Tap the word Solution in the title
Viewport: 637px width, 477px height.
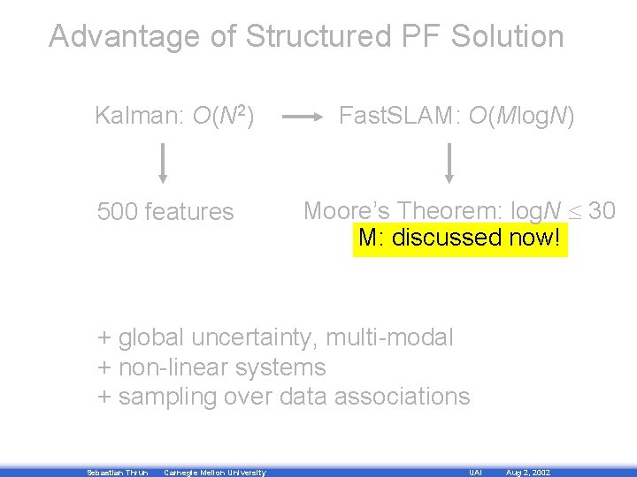[507, 37]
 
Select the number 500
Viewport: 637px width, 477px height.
[117, 212]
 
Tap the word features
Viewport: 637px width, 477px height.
[188, 212]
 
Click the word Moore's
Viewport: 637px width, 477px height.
[347, 210]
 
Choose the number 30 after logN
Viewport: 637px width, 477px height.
[602, 210]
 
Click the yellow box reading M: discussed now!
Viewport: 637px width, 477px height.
[460, 238]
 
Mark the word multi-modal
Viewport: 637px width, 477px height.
[390, 337]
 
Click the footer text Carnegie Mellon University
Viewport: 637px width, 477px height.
[215, 473]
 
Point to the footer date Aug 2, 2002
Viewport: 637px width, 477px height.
[528, 473]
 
